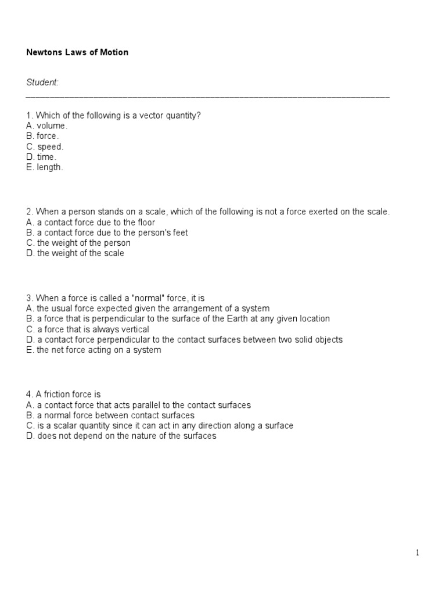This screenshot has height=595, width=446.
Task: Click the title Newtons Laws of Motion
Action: pyautogui.click(x=77, y=52)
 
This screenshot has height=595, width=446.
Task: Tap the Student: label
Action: pyautogui.click(x=42, y=83)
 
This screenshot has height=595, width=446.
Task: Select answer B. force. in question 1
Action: pyautogui.click(x=42, y=136)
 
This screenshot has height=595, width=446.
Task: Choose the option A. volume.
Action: pyautogui.click(x=46, y=126)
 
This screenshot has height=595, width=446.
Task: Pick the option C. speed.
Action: pyautogui.click(x=45, y=146)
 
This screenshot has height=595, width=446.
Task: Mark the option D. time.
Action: pyautogui.click(x=41, y=157)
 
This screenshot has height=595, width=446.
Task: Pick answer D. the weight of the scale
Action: pyautogui.click(x=75, y=253)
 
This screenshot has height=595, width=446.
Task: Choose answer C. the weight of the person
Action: pyautogui.click(x=78, y=243)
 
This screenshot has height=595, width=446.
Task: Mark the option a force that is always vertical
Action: pyautogui.click(x=88, y=329)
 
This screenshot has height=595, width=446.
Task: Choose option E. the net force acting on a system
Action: pyautogui.click(x=93, y=350)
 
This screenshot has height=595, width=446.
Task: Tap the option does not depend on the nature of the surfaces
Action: pyautogui.click(x=121, y=436)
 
